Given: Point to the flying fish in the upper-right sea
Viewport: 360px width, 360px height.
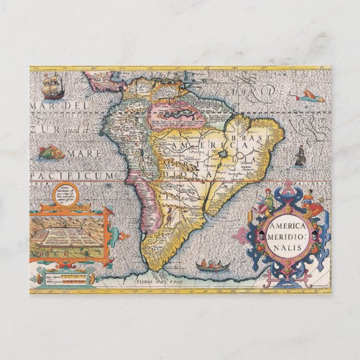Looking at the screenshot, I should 310,98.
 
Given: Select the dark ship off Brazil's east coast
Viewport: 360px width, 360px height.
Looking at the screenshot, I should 300,157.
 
